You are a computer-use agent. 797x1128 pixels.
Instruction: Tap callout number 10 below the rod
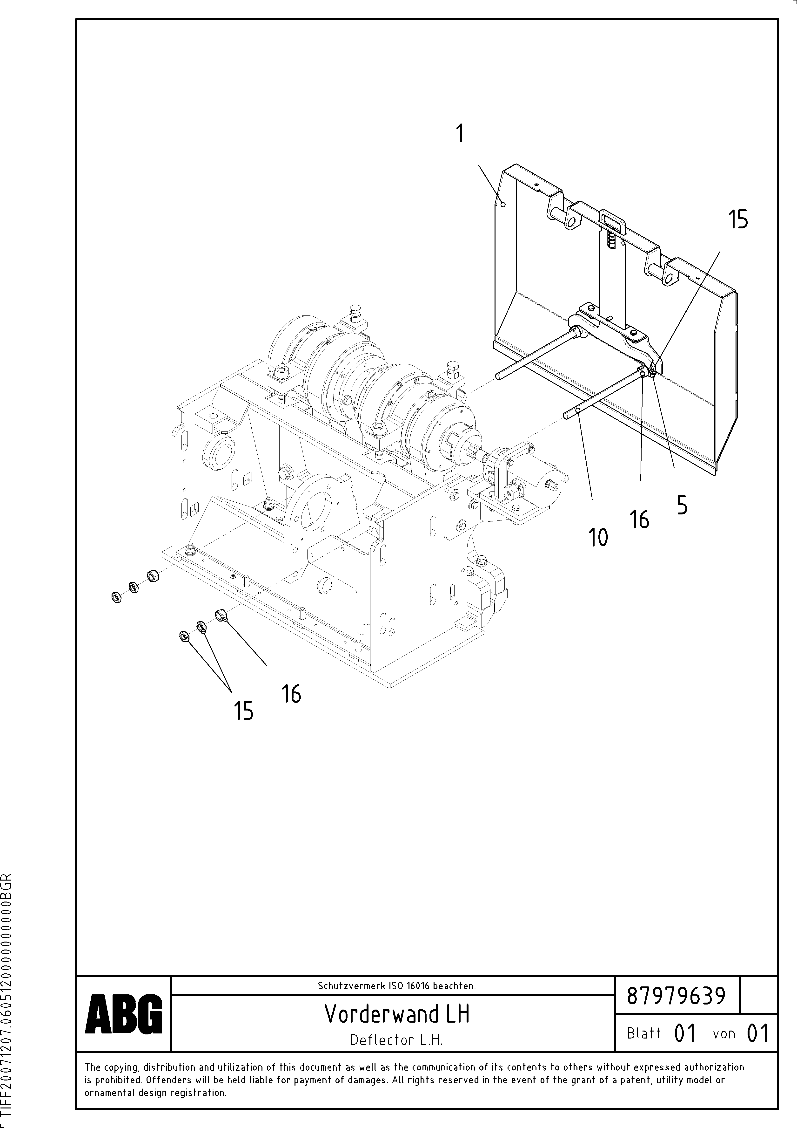(598, 538)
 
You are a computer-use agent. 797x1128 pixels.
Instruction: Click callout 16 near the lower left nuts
(291, 694)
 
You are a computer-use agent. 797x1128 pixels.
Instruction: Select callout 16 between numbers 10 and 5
(640, 519)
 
